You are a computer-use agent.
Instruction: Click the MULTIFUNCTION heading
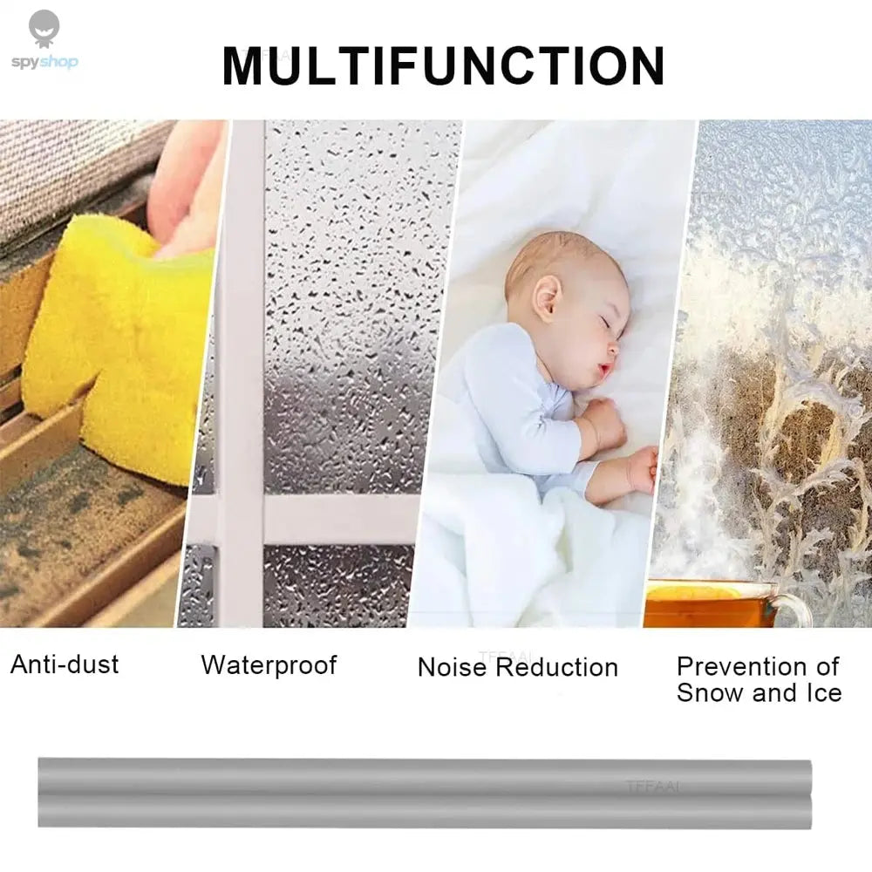[443, 65]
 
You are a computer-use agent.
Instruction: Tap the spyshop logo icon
[44, 29]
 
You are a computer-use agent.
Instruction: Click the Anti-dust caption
[65, 664]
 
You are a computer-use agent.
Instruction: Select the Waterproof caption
[269, 664]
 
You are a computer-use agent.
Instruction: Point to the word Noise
[453, 668]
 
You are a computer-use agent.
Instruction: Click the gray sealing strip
[425, 792]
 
